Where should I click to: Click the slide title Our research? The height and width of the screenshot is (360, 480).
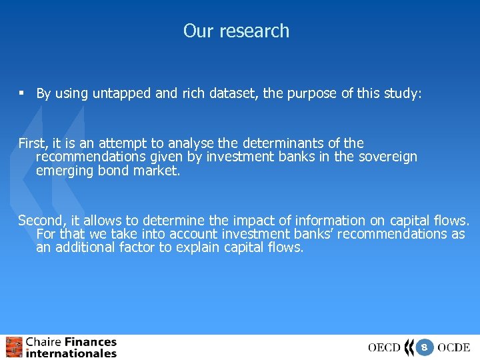click(236, 31)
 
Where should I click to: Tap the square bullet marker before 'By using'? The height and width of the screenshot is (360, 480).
click(22, 94)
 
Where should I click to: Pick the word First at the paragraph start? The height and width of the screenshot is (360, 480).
click(31, 143)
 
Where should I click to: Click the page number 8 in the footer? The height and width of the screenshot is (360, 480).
click(424, 347)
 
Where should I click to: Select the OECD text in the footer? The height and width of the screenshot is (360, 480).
click(384, 347)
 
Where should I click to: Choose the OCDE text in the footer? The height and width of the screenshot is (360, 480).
click(454, 347)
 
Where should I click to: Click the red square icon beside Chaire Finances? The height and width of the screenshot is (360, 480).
click(13, 347)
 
